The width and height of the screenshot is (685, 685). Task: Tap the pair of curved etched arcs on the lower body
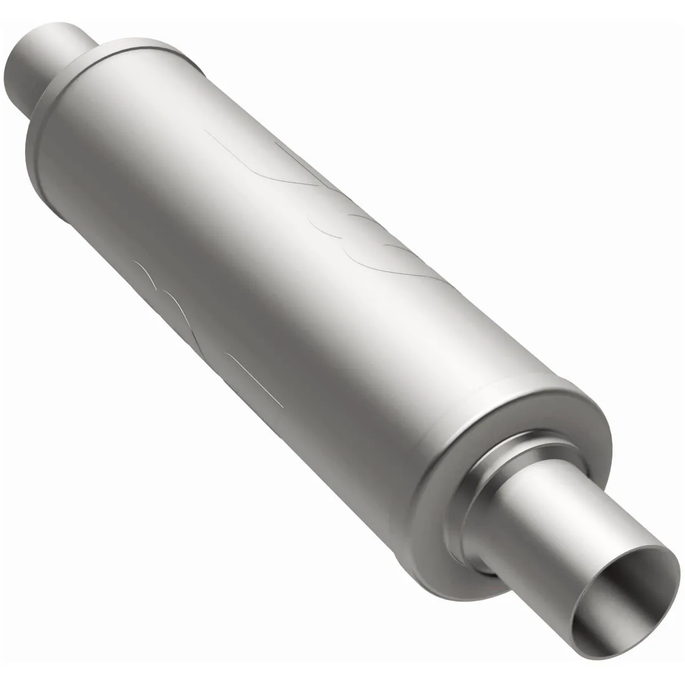coord(157,285)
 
